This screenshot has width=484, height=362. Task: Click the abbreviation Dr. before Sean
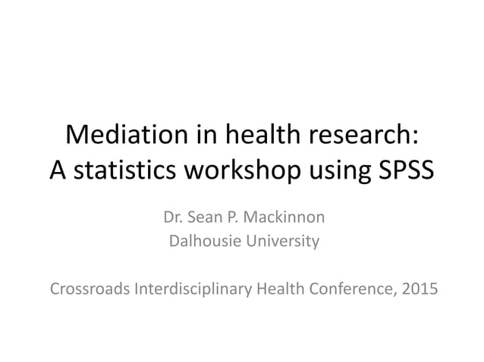click(174, 218)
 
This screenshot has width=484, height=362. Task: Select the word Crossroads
click(87, 289)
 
